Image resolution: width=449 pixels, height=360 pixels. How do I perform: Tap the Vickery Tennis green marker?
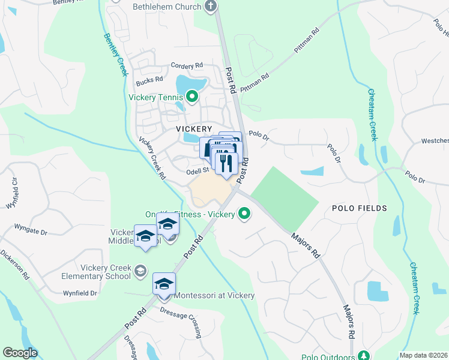pyautogui.click(x=192, y=96)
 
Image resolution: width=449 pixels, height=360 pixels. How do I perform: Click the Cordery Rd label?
pyautogui.click(x=187, y=66)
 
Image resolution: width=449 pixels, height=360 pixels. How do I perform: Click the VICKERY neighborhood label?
pyautogui.click(x=194, y=129)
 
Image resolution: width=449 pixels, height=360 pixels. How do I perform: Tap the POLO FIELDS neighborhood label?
pyautogui.click(x=359, y=208)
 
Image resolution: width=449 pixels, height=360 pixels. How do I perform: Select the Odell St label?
pyautogui.click(x=196, y=170)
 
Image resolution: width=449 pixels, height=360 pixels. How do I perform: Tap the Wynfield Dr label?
pyautogui.click(x=80, y=293)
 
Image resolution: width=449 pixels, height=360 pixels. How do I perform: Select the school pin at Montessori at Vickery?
pyautogui.click(x=164, y=284)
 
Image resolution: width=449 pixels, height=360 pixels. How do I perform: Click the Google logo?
pyautogui.click(x=20, y=353)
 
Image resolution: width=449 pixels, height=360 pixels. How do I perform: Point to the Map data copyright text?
pyautogui.click(x=423, y=355)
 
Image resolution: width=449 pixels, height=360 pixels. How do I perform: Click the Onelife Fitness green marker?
pyautogui.click(x=244, y=213)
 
